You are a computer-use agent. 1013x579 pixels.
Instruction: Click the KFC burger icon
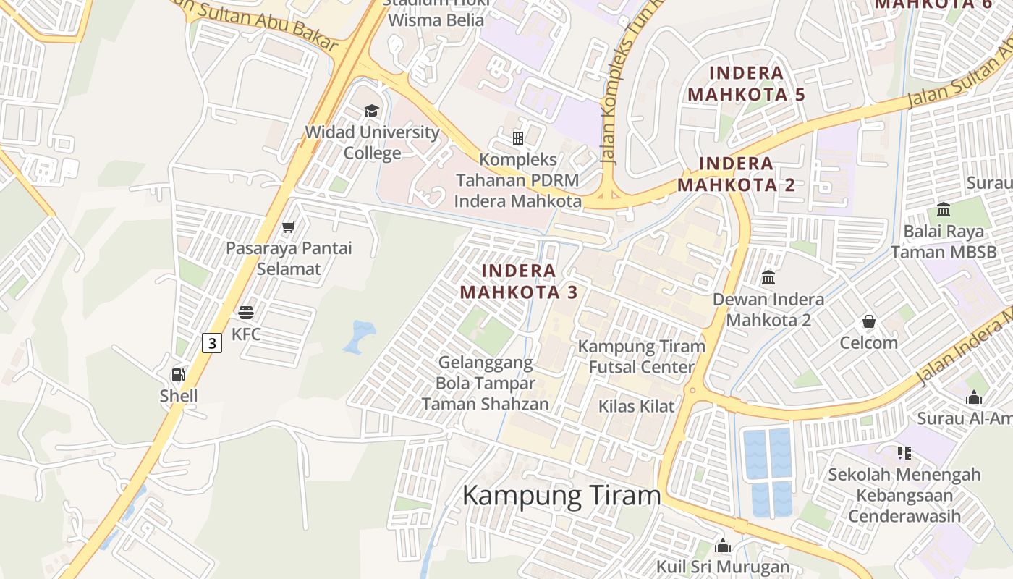coord(246,313)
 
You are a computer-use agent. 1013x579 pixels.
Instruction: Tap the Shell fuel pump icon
coord(178,374)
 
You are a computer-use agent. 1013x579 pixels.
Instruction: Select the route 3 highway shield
coord(211,342)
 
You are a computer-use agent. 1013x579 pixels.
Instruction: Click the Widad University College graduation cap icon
coord(371,111)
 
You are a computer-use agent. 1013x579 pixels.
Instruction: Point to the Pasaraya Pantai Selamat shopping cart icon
coord(289,227)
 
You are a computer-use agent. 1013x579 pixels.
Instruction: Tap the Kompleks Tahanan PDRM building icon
coord(518,138)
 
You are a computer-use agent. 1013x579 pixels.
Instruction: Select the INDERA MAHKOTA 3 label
coord(519,282)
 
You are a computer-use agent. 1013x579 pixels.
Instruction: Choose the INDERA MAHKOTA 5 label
coord(746,83)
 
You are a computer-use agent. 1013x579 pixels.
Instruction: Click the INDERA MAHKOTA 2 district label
coord(737,174)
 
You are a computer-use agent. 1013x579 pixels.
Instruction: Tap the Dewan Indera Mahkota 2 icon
coord(768,278)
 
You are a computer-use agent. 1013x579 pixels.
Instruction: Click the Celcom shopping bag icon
coord(868,321)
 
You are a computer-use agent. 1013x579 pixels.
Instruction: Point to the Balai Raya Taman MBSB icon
coord(944,210)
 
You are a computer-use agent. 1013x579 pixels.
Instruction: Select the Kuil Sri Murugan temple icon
coord(722,546)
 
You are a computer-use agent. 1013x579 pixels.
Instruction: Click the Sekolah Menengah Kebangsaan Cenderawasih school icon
coord(904,453)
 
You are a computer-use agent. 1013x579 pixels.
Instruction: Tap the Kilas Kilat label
coord(636,406)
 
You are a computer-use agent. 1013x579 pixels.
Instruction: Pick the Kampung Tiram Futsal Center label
coord(641,356)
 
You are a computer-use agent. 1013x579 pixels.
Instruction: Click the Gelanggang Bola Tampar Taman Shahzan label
coord(485,383)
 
